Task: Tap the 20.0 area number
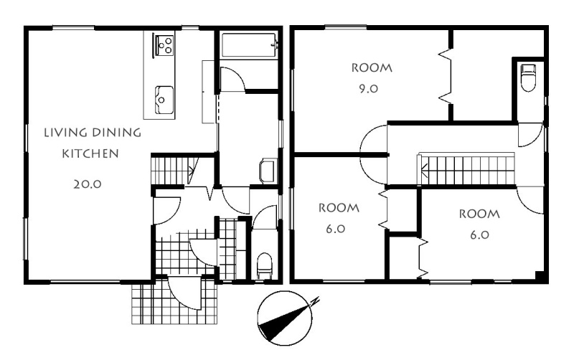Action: [87, 184]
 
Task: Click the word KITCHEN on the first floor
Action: [90, 153]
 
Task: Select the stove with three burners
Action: [164, 45]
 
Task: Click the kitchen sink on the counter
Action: [164, 100]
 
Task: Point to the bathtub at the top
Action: [249, 45]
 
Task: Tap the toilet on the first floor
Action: [264, 265]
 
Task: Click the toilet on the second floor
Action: [528, 77]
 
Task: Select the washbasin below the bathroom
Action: [267, 171]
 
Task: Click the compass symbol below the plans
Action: [285, 318]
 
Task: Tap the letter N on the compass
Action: [315, 301]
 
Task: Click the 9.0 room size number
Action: [368, 89]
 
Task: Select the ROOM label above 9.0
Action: [372, 68]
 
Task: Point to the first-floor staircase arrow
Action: [192, 169]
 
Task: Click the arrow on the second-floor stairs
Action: [424, 169]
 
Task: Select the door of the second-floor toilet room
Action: [530, 136]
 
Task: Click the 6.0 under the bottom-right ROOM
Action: [479, 235]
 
